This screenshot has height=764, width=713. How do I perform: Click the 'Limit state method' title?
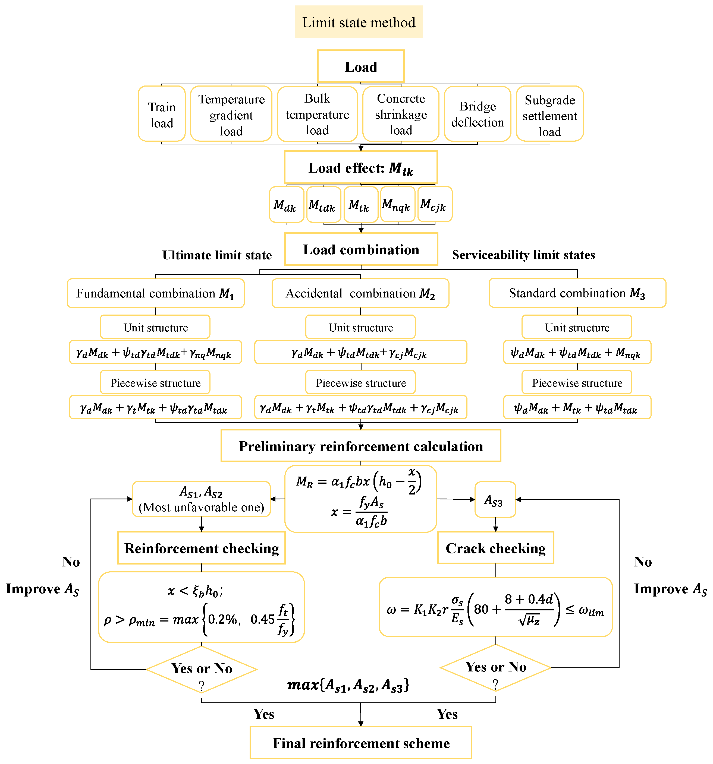pos(359,22)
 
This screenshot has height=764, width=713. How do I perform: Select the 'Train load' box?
pos(162,114)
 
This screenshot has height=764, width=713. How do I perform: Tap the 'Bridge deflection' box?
pos(477,114)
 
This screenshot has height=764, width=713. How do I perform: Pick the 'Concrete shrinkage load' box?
pos(401,114)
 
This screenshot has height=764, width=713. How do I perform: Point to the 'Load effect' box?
pos(361,167)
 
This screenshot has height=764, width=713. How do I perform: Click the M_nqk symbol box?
pos(397,204)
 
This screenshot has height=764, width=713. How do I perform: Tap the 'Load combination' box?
pos(361,249)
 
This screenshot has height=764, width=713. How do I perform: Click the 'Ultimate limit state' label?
pos(217,255)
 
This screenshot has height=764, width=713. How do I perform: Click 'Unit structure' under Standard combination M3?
pos(577,327)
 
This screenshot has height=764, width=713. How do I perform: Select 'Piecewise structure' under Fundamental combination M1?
pos(155,383)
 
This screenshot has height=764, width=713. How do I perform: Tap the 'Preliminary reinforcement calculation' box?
pos(361,446)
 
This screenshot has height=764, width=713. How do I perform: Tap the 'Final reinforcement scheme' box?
pos(361,743)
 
